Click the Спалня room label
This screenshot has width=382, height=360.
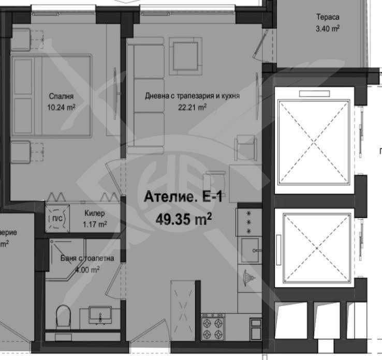[61, 96]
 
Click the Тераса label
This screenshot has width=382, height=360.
[328, 17]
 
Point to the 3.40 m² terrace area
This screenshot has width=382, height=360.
[328, 29]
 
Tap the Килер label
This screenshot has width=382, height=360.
[95, 213]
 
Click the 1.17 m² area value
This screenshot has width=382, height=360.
[95, 224]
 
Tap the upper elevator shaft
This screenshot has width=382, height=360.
[314, 140]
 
